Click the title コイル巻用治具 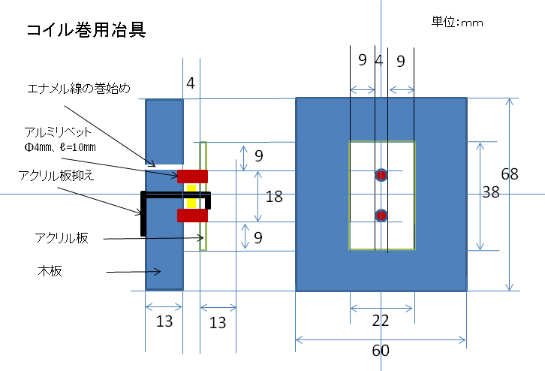[x=85, y=31]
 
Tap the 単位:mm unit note [x=456, y=22]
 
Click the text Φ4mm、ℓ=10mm [x=59, y=146]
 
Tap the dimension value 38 [x=491, y=192]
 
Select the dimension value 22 [x=381, y=321]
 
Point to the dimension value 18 [x=274, y=197]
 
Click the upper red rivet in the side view [x=192, y=176]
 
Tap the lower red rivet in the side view [x=192, y=216]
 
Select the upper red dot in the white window [x=381, y=176]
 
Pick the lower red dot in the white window [x=381, y=216]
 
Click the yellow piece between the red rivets [x=191, y=196]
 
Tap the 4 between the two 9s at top [x=379, y=61]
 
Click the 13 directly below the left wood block [x=164, y=321]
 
